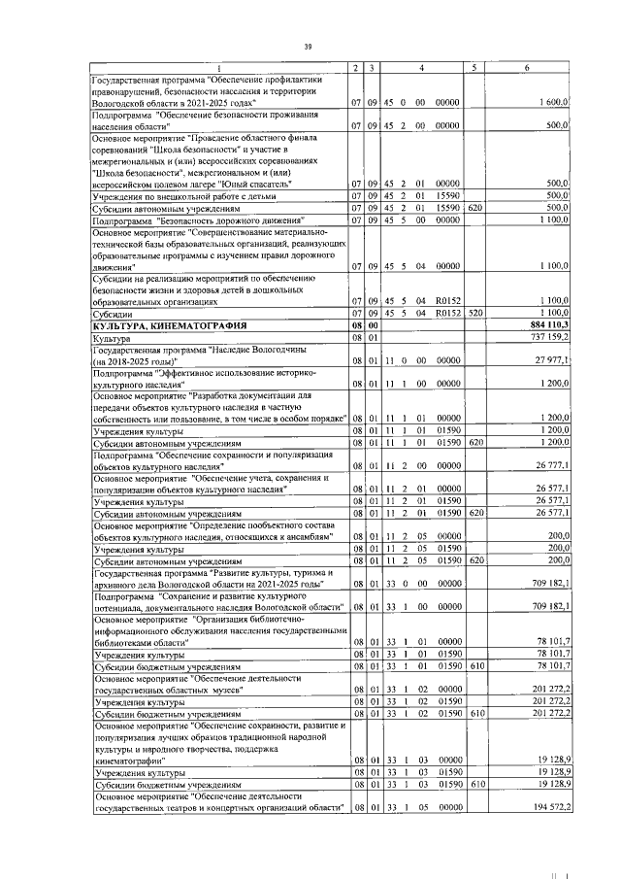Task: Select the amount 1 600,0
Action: [x=552, y=103]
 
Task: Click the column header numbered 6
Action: [x=526, y=67]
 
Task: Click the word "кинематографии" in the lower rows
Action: [x=129, y=761]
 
